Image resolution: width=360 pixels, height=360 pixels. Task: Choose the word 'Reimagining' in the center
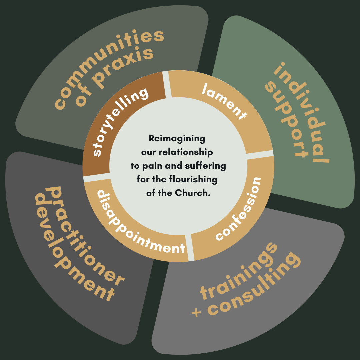177,138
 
